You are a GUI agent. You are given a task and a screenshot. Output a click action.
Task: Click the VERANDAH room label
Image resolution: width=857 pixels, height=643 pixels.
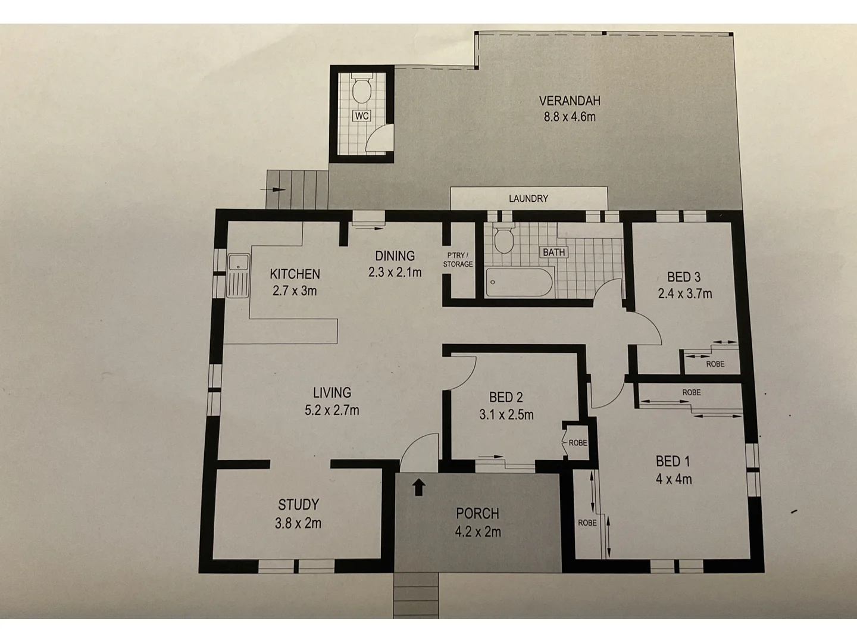(569, 101)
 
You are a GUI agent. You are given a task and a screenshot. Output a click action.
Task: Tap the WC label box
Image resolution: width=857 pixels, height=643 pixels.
(361, 116)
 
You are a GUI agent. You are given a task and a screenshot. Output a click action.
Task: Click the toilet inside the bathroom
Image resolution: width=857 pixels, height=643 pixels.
(504, 240)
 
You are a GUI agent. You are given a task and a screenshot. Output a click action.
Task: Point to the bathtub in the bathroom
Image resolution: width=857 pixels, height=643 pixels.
(520, 282)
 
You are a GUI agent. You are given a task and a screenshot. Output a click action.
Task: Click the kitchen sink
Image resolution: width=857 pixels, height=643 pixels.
(238, 275)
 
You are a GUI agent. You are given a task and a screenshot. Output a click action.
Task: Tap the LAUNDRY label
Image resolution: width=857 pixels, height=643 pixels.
(528, 198)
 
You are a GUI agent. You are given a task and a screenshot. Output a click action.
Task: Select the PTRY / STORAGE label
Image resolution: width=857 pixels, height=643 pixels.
(458, 260)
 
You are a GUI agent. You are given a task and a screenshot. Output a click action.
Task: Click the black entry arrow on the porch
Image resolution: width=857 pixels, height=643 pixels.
(419, 487)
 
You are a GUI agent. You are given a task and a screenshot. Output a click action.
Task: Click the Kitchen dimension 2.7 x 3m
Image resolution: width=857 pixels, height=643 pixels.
(295, 291)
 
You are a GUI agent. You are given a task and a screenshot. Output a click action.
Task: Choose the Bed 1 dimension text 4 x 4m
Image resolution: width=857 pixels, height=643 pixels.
(674, 479)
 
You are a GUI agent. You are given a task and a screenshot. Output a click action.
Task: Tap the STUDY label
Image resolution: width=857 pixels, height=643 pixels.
(298, 505)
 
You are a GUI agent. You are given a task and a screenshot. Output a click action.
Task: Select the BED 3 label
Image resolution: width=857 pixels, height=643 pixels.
(683, 277)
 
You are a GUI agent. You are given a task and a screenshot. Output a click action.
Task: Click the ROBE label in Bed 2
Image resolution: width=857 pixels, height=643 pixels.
(577, 443)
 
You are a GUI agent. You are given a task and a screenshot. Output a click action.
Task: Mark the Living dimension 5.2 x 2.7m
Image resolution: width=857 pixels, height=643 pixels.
(331, 410)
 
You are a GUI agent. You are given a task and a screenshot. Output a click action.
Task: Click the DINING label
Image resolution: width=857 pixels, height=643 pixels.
(395, 256)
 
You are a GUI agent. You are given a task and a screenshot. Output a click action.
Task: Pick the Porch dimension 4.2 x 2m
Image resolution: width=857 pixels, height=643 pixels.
(477, 532)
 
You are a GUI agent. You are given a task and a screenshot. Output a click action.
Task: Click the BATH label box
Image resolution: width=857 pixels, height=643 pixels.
(553, 252)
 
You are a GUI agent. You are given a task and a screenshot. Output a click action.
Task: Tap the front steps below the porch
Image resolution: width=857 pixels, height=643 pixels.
(416, 595)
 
